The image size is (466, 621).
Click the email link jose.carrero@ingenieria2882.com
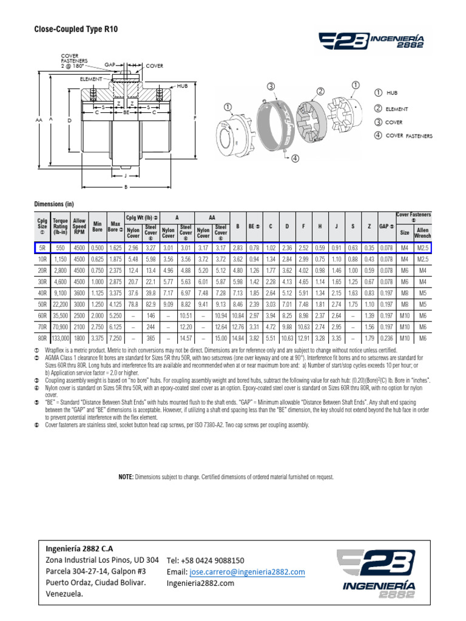[248, 572]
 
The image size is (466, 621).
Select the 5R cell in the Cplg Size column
[42, 247]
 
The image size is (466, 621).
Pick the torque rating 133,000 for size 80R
[60, 338]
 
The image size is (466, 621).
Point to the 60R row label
[42, 315]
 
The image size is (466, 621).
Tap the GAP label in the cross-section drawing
[110, 63]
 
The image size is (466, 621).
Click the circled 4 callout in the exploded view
[295, 159]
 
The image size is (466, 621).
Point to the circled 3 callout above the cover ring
[271, 87]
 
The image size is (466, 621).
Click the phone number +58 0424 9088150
[205, 561]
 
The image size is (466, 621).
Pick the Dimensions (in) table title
[53, 204]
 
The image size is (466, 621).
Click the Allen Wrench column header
[422, 231]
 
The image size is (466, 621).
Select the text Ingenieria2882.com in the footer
[200, 583]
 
